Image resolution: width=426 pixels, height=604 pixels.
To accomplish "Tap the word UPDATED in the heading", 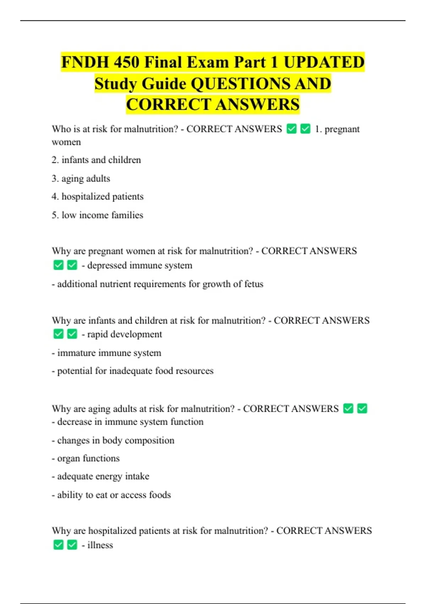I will click(324, 62).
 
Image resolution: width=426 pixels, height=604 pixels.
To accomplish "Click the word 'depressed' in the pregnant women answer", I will click(107, 265).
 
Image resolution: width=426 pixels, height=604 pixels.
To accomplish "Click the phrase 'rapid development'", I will click(124, 334).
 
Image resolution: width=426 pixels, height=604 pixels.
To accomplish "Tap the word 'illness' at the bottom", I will click(100, 545).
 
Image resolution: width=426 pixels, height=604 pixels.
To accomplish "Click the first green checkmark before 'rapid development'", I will click(59, 334).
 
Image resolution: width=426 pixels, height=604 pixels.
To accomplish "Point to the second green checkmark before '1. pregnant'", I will click(305, 129).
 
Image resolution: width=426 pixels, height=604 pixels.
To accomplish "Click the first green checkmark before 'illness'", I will click(59, 545).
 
